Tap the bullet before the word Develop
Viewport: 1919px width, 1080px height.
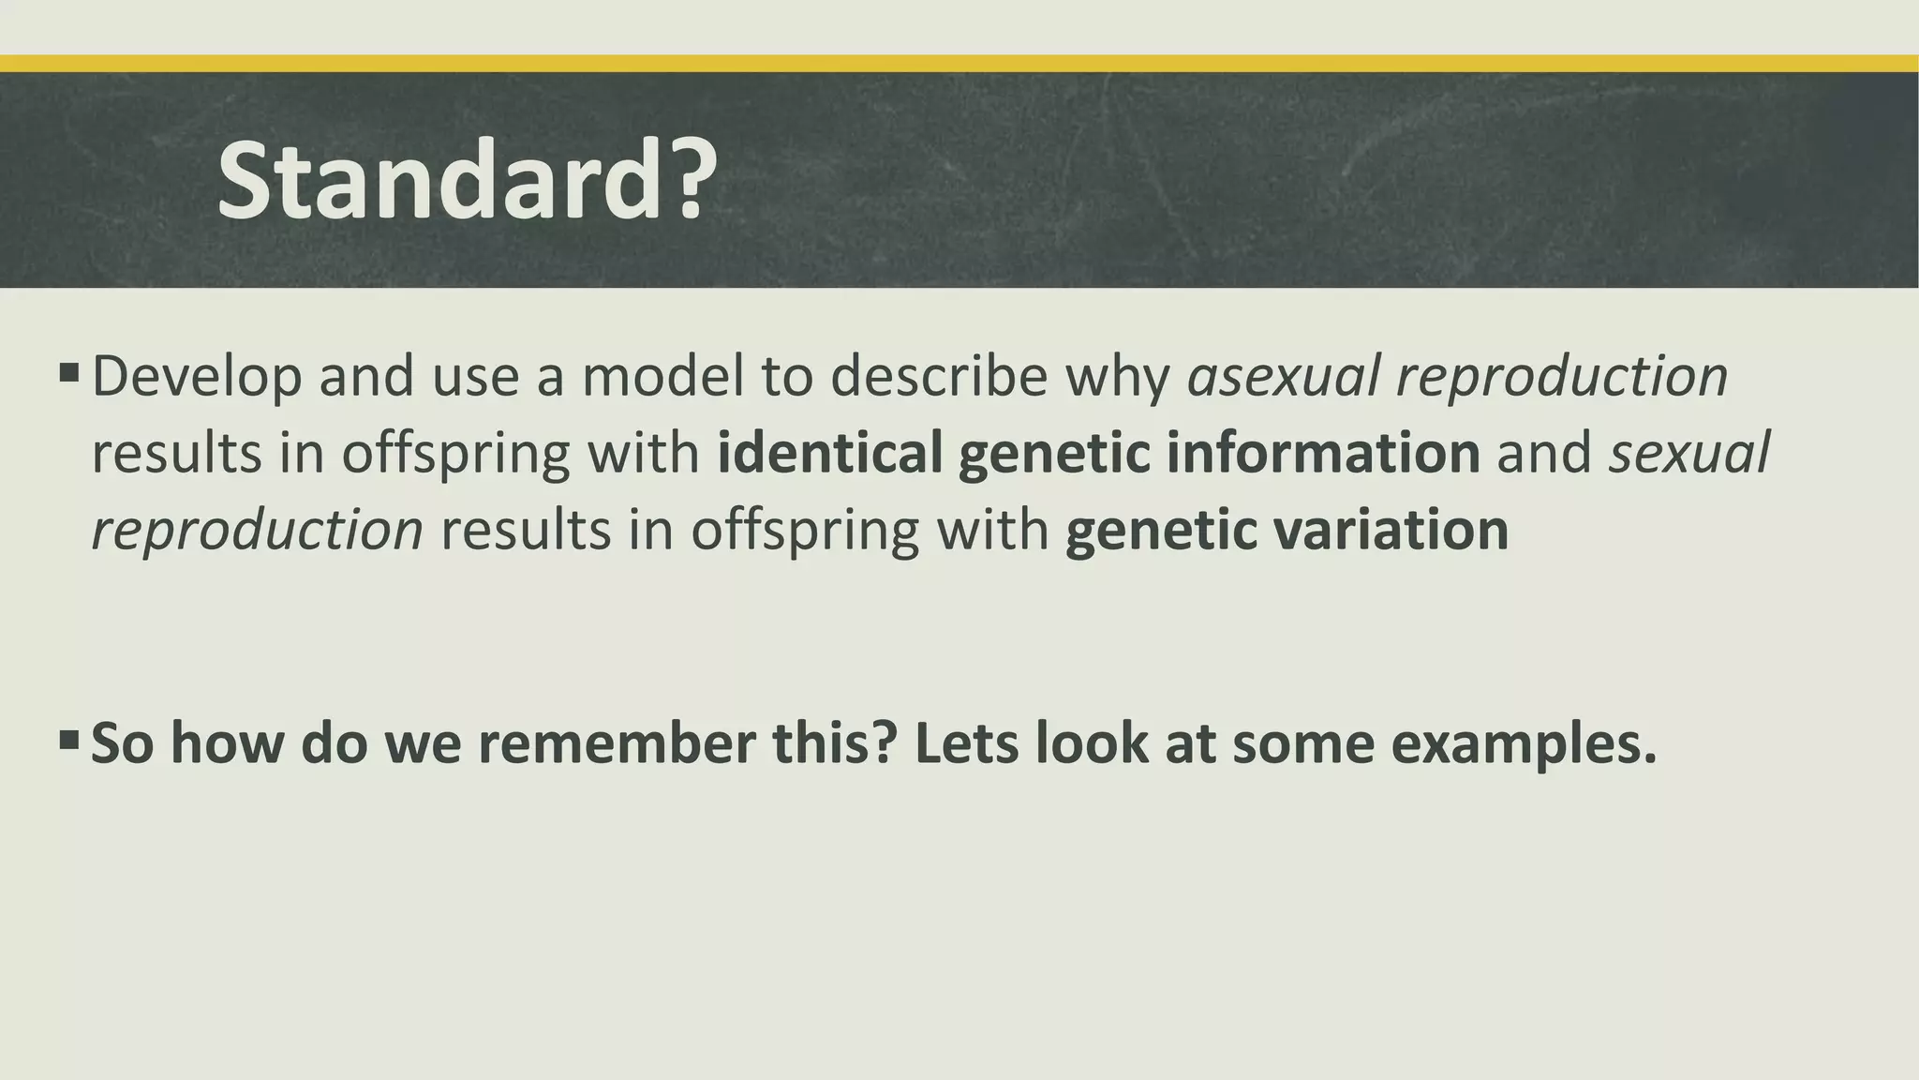click(x=68, y=374)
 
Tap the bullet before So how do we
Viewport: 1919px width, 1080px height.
click(x=68, y=741)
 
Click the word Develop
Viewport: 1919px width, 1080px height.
click(x=197, y=377)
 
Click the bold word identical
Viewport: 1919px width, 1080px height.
click(x=829, y=453)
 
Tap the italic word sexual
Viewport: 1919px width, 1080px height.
click(x=1689, y=453)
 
